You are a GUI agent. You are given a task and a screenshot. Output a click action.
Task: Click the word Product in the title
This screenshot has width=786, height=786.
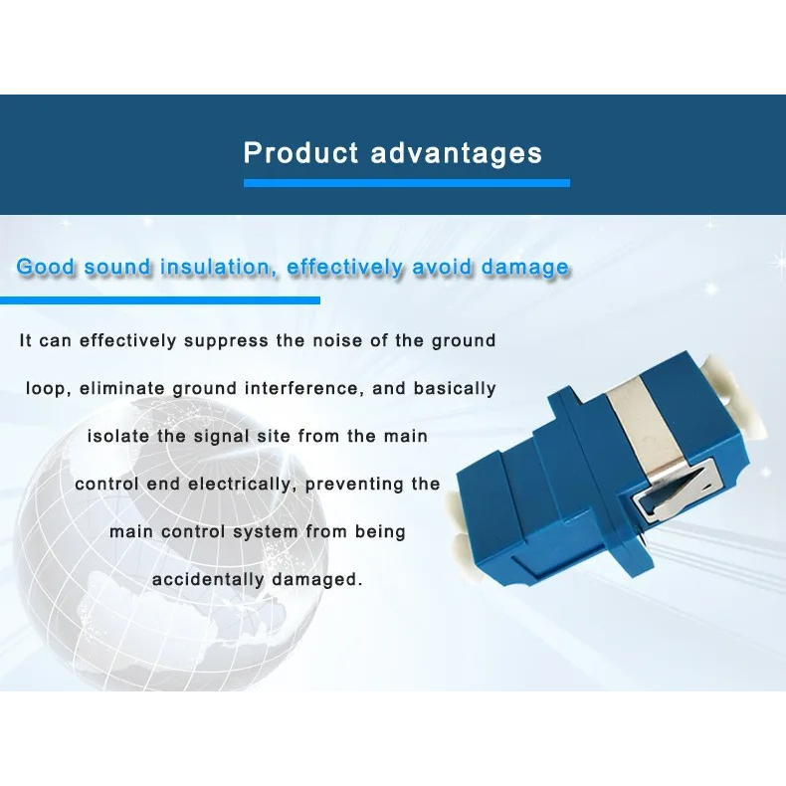pos(300,152)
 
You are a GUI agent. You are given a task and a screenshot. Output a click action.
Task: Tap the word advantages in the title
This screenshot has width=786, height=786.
pos(456,153)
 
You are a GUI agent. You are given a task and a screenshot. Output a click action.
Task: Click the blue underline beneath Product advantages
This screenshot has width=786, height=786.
pos(407,183)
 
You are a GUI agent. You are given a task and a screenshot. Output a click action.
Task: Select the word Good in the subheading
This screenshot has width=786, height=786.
pos(45,267)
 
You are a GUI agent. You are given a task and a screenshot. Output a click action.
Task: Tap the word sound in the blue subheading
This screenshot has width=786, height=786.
pos(116,267)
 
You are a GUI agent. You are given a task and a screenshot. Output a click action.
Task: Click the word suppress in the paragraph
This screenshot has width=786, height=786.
pos(226,341)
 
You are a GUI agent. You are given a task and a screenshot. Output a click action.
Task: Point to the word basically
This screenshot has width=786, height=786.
pos(455,388)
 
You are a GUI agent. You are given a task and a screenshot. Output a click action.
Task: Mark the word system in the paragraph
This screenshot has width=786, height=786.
pos(266,532)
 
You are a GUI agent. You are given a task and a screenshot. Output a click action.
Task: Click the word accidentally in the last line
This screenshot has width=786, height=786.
pos(208,580)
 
